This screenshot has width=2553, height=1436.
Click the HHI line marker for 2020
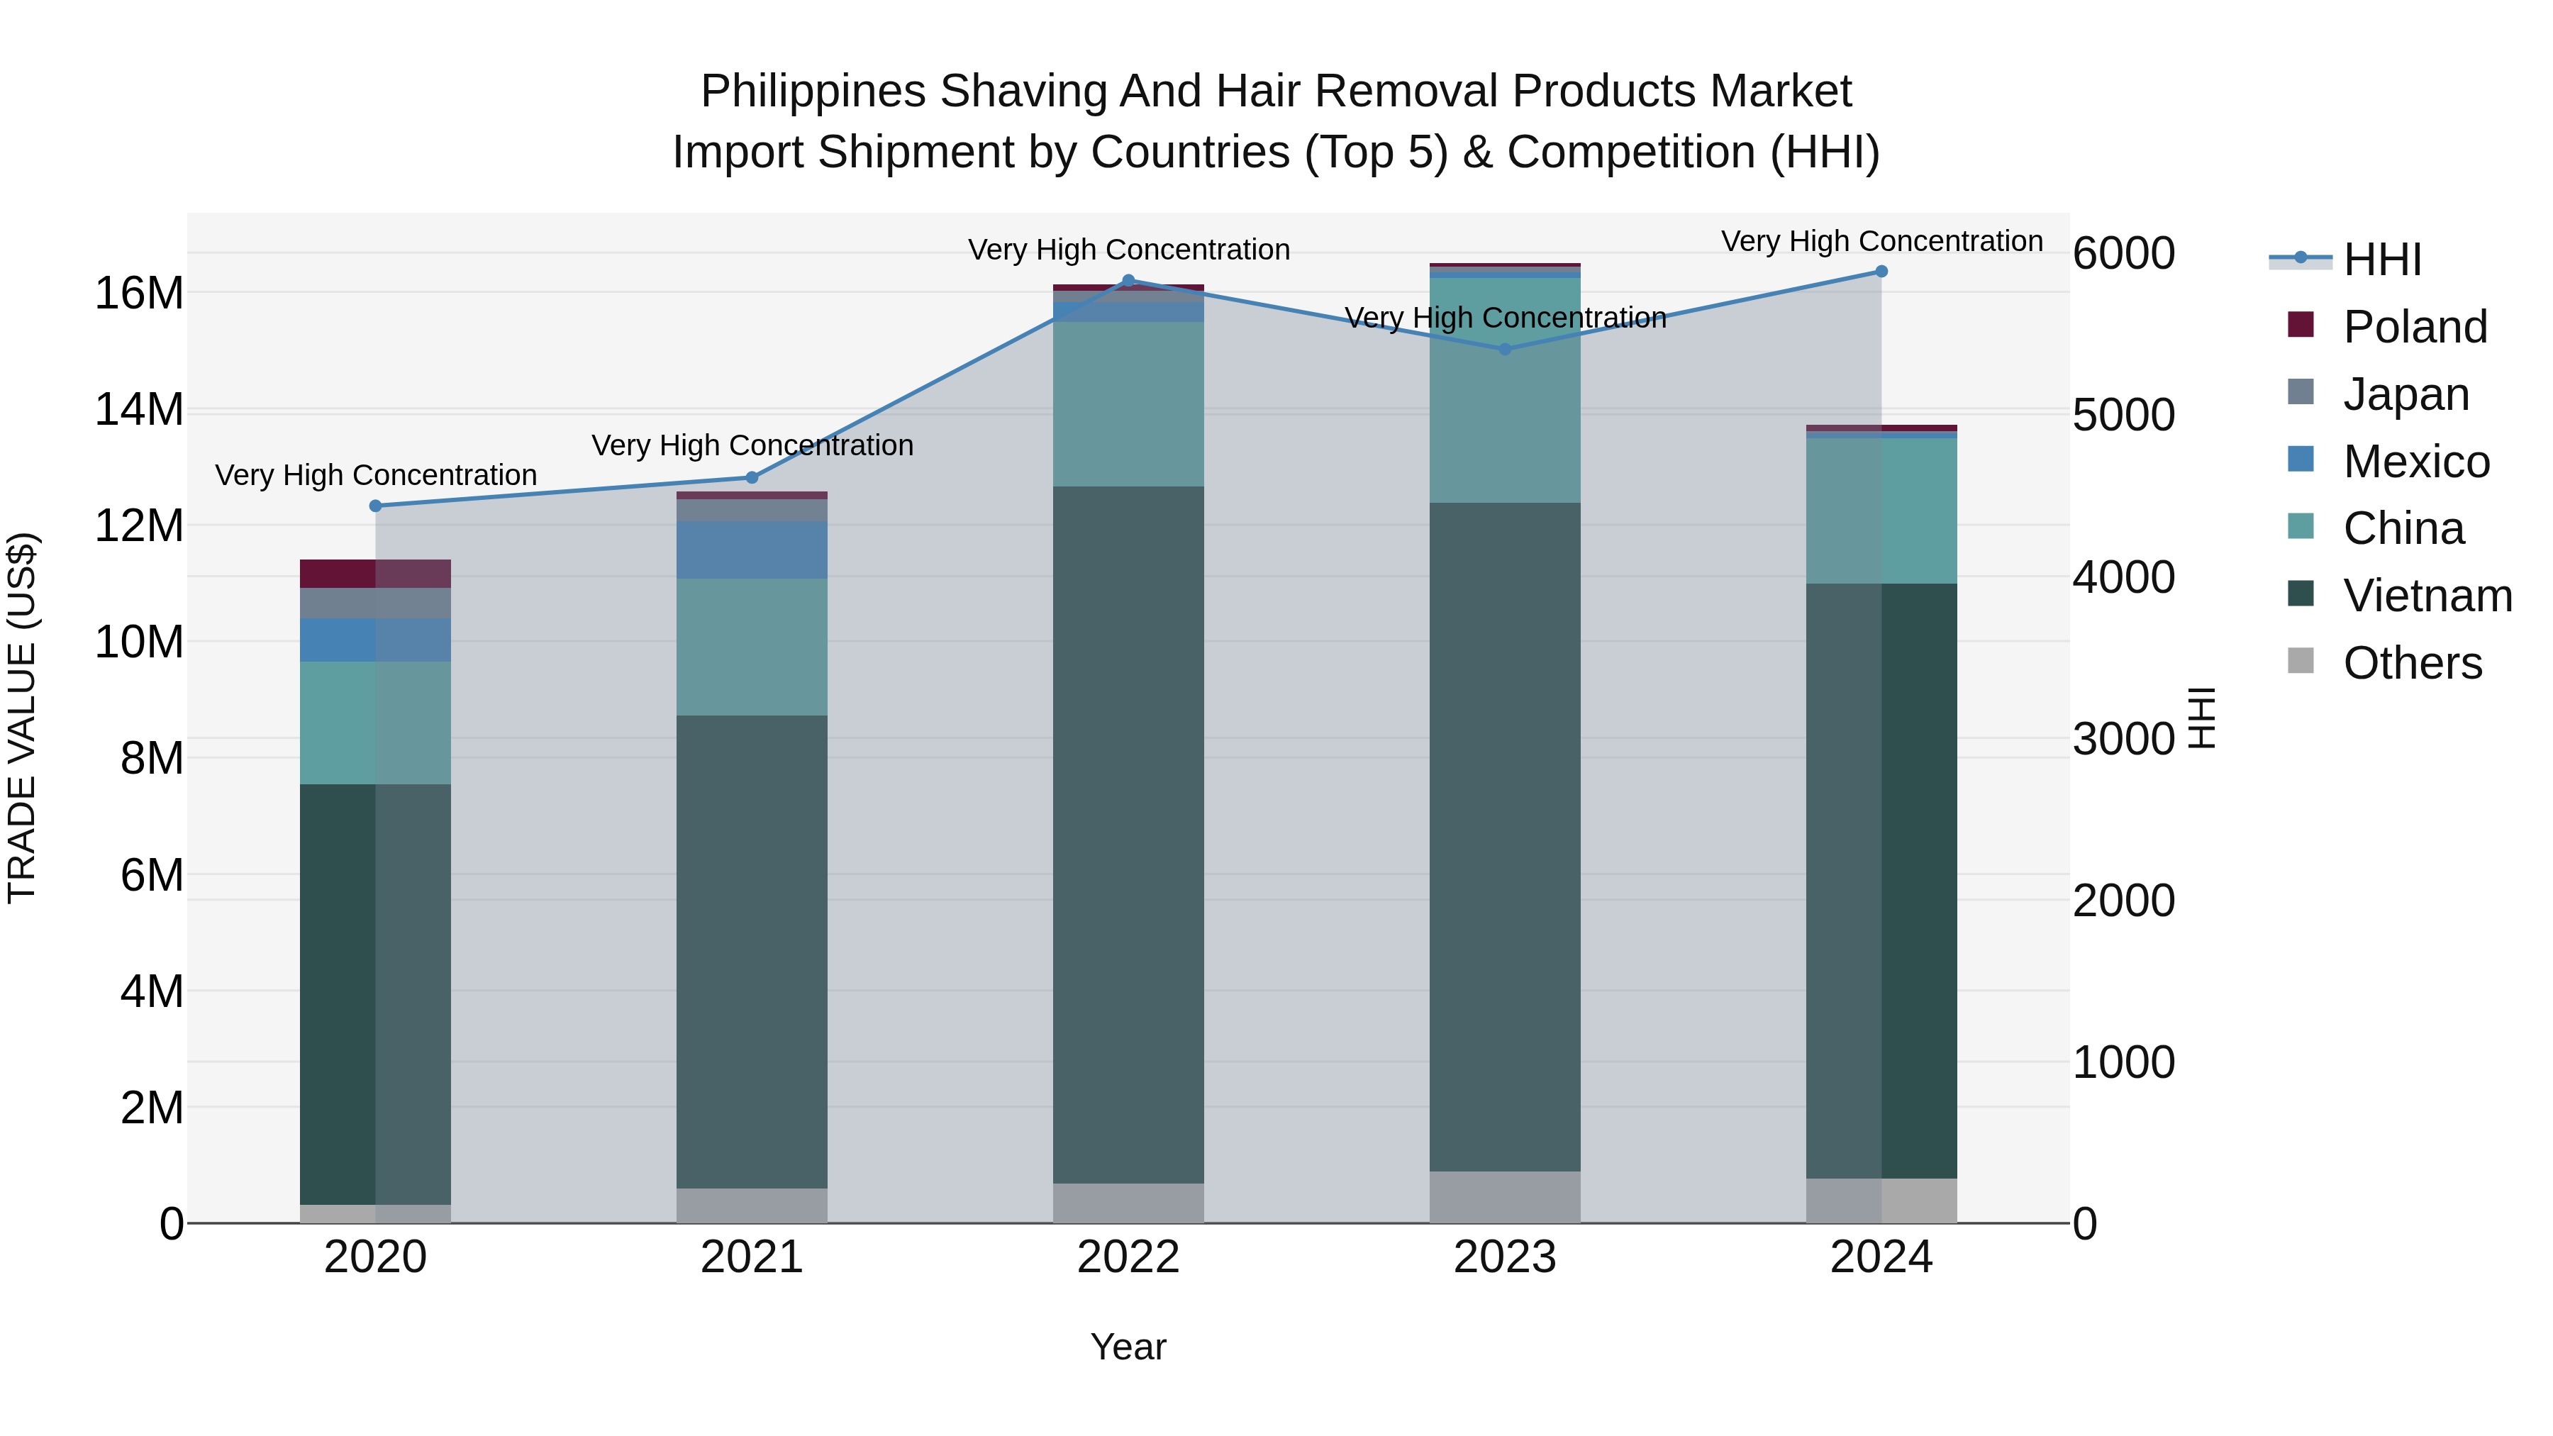pyautogui.click(x=376, y=506)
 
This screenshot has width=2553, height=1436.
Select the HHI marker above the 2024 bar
pyautogui.click(x=1881, y=271)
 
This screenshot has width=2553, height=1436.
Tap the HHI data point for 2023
pyautogui.click(x=1504, y=349)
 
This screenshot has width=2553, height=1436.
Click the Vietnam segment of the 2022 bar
pyautogui.click(x=1128, y=833)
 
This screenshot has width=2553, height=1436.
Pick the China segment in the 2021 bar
pyautogui.click(x=751, y=646)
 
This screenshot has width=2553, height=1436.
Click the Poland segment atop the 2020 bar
pyautogui.click(x=376, y=573)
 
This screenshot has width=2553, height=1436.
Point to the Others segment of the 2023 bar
pyautogui.click(x=1504, y=1196)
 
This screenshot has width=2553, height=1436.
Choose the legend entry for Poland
pyautogui.click(x=2414, y=327)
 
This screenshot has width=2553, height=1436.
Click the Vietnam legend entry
pyautogui.click(x=2426, y=596)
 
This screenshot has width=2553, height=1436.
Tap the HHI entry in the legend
pyautogui.click(x=2381, y=260)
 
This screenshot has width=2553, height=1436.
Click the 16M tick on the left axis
pyautogui.click(x=139, y=294)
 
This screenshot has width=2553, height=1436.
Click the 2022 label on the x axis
pyautogui.click(x=1128, y=1257)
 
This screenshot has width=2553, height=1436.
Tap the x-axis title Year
pyautogui.click(x=1128, y=1347)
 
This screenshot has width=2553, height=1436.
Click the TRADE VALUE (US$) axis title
pyautogui.click(x=22, y=718)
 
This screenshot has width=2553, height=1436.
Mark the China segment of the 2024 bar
pyautogui.click(x=1881, y=511)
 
